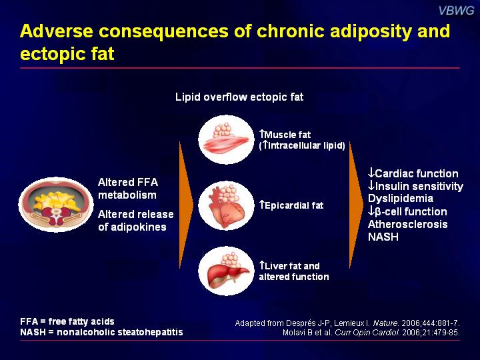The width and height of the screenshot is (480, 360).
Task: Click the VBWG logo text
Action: point(456,11)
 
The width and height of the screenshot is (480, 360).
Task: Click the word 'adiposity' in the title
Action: point(371,31)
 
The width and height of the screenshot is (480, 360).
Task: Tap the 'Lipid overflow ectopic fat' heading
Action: point(239,97)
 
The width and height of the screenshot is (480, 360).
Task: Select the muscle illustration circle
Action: point(226,139)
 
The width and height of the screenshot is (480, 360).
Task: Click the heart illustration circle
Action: point(226,205)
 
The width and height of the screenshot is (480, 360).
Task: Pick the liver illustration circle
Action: point(226,271)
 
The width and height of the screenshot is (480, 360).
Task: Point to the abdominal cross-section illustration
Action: point(56,204)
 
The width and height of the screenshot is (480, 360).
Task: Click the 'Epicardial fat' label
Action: point(291,205)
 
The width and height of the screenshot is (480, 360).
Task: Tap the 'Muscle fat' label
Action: point(285,135)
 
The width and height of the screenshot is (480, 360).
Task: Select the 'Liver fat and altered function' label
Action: point(294,271)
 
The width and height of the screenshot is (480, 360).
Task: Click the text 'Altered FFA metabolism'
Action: point(128,189)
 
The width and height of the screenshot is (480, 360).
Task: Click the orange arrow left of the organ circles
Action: point(186,205)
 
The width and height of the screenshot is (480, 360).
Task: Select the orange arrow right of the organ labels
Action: point(356,205)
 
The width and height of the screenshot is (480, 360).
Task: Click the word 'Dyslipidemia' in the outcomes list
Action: point(401,199)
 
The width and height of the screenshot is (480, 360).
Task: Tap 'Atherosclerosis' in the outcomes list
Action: point(408,224)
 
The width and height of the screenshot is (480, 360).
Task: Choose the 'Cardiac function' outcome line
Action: point(413,173)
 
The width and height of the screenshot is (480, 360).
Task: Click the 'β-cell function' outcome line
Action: point(407,211)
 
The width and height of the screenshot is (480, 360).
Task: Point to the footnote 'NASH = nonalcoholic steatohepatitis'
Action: point(101,332)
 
